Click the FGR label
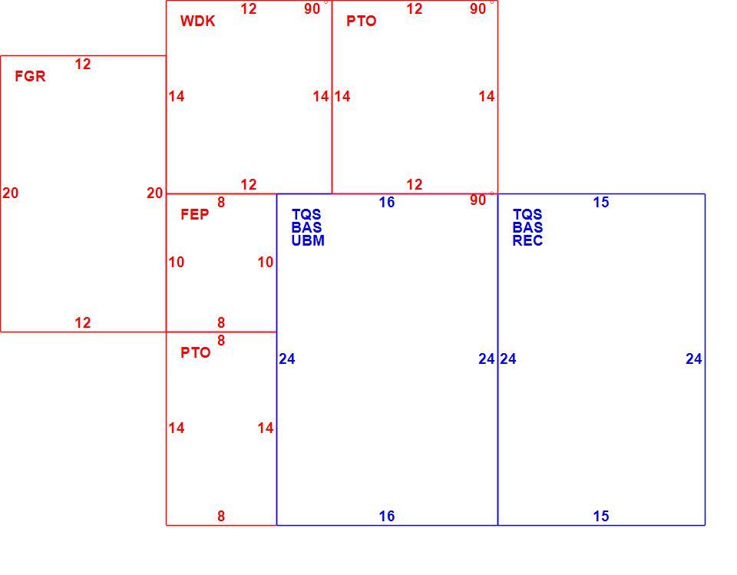click(x=30, y=76)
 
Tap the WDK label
click(x=197, y=21)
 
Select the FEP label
click(x=194, y=214)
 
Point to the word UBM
click(x=308, y=240)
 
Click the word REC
click(x=527, y=240)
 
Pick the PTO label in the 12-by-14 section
click(x=362, y=21)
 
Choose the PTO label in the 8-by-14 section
click(x=196, y=352)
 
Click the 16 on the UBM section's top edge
click(x=387, y=202)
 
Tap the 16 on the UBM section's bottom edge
click(x=387, y=516)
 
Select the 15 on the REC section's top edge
click(x=601, y=202)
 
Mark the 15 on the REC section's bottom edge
click(x=601, y=516)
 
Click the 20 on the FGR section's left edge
click(x=10, y=193)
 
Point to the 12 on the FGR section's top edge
click(x=83, y=64)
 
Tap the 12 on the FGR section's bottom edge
click(x=83, y=322)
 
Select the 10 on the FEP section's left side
click(x=177, y=262)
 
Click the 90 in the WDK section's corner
click(x=312, y=8)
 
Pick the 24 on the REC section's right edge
click(x=694, y=359)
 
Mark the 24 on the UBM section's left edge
click(x=286, y=359)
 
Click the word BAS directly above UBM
click(x=306, y=227)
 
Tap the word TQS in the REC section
click(x=527, y=214)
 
